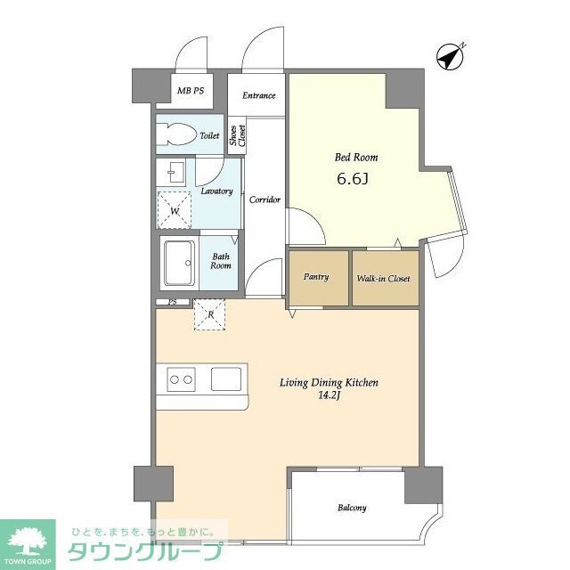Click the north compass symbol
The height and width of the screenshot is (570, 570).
click(x=451, y=57)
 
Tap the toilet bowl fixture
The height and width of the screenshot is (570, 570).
click(x=176, y=134)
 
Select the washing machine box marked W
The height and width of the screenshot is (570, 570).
click(x=175, y=210)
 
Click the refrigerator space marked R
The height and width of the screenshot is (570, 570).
click(x=210, y=314)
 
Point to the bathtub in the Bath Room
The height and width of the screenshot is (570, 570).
click(x=180, y=264)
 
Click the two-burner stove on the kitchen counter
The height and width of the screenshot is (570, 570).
click(x=181, y=379)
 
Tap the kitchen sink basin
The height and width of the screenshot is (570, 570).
click(x=226, y=379)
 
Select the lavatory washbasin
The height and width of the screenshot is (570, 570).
click(x=175, y=173)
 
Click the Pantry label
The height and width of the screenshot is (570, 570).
click(x=316, y=277)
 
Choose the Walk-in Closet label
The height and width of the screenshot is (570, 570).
click(x=384, y=279)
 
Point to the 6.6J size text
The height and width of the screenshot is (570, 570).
click(x=353, y=178)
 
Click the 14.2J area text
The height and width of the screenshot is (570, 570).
click(x=329, y=395)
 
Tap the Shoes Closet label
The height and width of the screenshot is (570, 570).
click(x=238, y=135)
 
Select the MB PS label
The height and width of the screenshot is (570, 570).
click(x=191, y=91)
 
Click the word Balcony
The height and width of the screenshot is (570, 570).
click(x=352, y=508)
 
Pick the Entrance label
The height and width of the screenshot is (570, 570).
click(x=259, y=95)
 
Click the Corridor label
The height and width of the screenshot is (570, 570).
click(x=265, y=199)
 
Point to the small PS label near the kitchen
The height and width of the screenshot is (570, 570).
click(x=173, y=302)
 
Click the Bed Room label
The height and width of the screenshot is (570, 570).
click(x=356, y=157)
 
